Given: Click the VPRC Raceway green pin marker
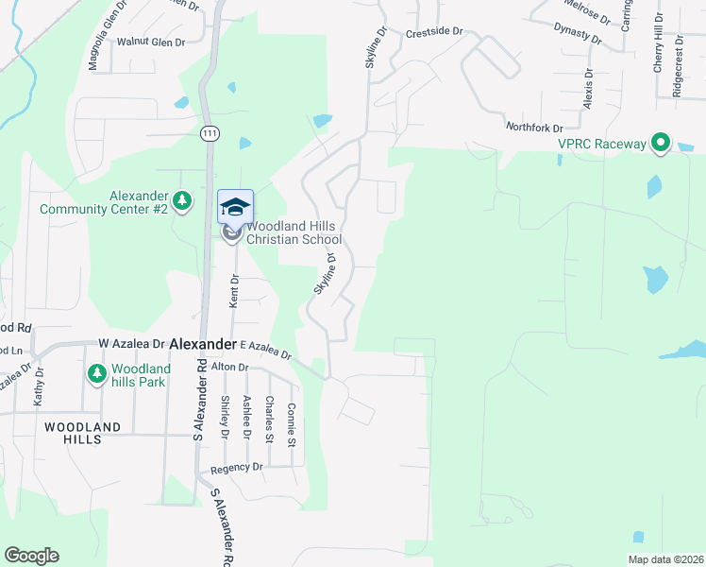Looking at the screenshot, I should pos(661,144).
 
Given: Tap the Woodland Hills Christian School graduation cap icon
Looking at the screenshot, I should pos(236,206).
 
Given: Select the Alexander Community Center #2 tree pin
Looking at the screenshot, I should pos(182,200).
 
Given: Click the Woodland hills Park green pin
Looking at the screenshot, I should pos(96,374).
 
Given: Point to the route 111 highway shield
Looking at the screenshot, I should pos(210,134).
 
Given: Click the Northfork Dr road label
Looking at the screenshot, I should pos(534,128).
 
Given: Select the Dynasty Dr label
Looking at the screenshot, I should pos(579,35).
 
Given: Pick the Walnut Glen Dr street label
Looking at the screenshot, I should pos(150,43).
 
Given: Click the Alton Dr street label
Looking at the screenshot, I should pos(229,367).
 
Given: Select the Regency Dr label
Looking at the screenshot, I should pos(237,467).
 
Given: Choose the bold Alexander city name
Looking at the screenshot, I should pos(203,345).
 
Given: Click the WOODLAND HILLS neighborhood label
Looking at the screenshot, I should pos(83,434).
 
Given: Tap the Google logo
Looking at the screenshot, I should pos(31,556).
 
